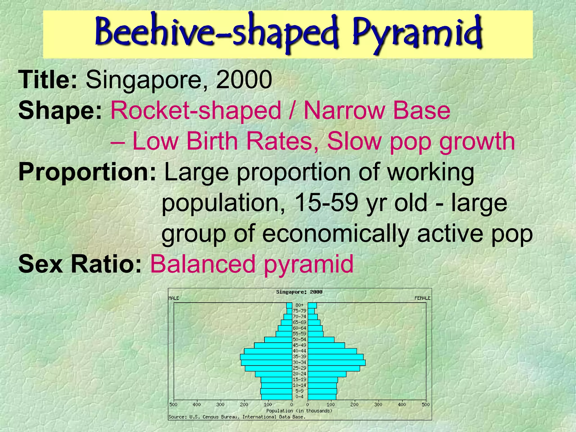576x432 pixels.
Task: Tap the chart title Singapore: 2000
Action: (299, 292)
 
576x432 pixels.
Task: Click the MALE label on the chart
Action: (174, 298)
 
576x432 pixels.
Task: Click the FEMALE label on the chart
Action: (422, 298)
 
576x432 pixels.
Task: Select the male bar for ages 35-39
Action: (266, 357)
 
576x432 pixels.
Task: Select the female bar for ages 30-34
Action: (336, 363)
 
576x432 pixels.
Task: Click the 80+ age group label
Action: (299, 305)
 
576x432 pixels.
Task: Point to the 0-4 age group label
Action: (299, 397)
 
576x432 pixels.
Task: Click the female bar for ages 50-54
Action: (321, 339)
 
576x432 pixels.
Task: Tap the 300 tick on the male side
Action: (220, 404)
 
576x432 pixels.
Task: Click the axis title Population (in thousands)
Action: (299, 411)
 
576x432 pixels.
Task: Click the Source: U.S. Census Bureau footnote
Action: (237, 417)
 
